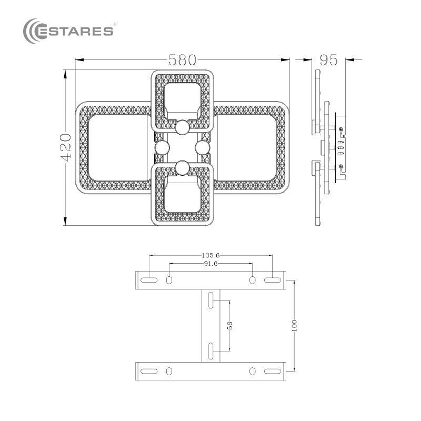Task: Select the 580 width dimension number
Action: pos(182,60)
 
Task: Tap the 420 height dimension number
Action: pos(65,147)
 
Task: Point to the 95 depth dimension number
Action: pos(328,60)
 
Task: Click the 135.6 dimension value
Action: pos(210,255)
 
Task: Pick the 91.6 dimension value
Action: pos(210,264)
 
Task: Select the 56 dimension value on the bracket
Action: pos(230,325)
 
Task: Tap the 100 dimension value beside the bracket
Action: pos(294,325)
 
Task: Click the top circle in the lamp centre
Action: pos(182,127)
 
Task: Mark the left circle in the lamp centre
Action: pos(162,148)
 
